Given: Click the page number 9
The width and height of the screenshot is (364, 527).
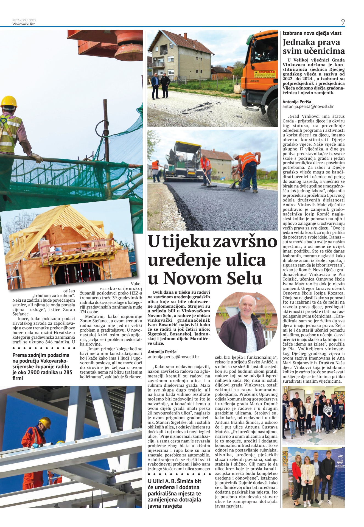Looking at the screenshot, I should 343,22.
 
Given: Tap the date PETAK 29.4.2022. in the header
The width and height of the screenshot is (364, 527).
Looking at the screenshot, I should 25,20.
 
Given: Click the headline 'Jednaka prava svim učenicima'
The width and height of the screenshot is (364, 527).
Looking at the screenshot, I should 313,46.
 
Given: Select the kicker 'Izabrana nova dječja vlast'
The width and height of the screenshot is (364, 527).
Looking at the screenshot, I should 312,33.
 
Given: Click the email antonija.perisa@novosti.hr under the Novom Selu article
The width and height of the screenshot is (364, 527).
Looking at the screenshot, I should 173,357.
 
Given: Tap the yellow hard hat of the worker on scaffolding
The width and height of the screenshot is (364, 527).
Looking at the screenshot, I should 9,101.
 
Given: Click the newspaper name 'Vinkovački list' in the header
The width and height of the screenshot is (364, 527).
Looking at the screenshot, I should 24,24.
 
